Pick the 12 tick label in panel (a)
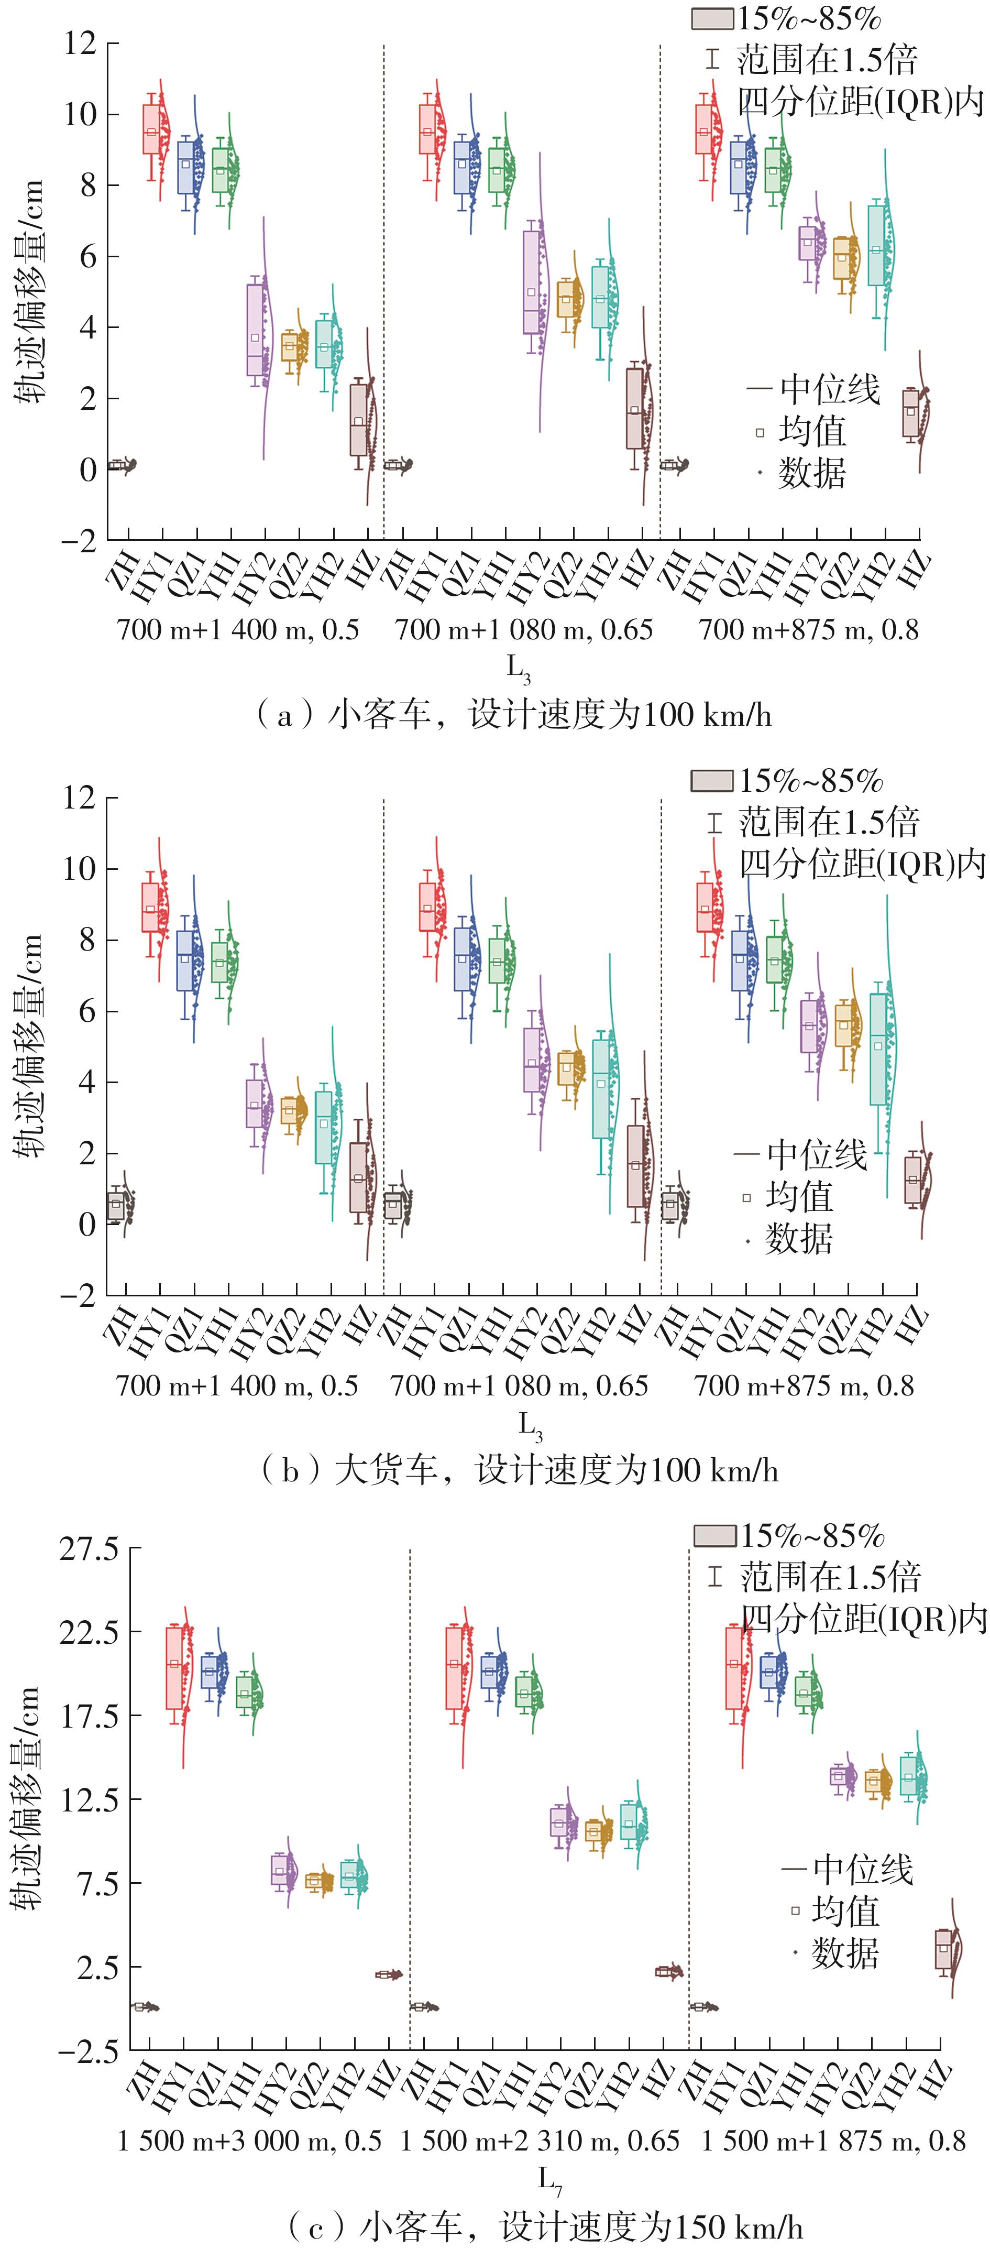pyautogui.click(x=80, y=43)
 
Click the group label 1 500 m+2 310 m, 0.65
pyautogui.click(x=540, y=2141)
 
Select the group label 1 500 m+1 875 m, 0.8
pyautogui.click(x=834, y=2141)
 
